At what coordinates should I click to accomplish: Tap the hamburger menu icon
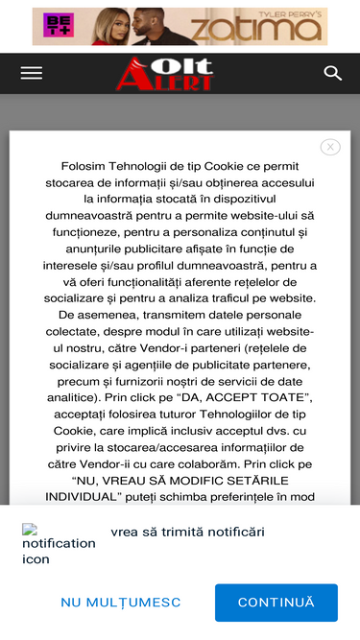(x=32, y=73)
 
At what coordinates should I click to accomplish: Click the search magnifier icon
(x=333, y=73)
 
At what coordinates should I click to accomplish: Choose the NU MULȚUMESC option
(x=121, y=603)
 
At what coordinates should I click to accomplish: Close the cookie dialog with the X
(x=330, y=147)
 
